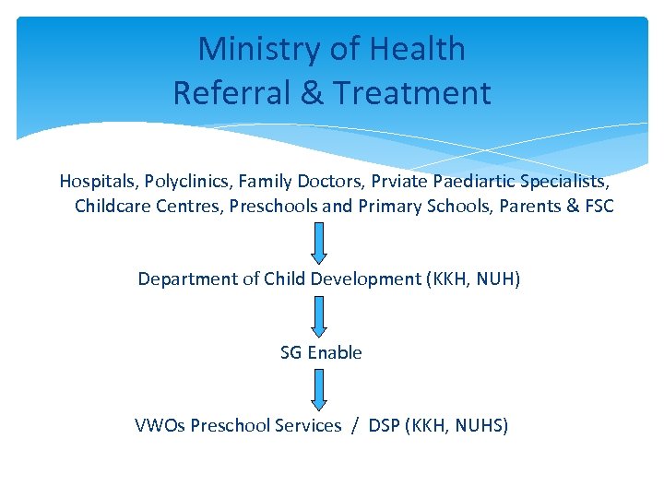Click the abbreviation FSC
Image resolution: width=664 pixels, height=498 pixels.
point(599,206)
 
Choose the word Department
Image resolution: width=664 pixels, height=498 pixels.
point(189,279)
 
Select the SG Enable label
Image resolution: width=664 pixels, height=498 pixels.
point(321,352)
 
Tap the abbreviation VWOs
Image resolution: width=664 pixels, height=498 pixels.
point(160,425)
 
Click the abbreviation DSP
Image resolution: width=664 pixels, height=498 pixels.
point(384,425)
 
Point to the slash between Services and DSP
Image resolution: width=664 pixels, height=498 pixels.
point(354,425)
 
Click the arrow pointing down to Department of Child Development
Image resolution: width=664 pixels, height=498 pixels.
point(318,243)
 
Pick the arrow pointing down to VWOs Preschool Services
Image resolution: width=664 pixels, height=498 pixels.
point(318,389)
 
